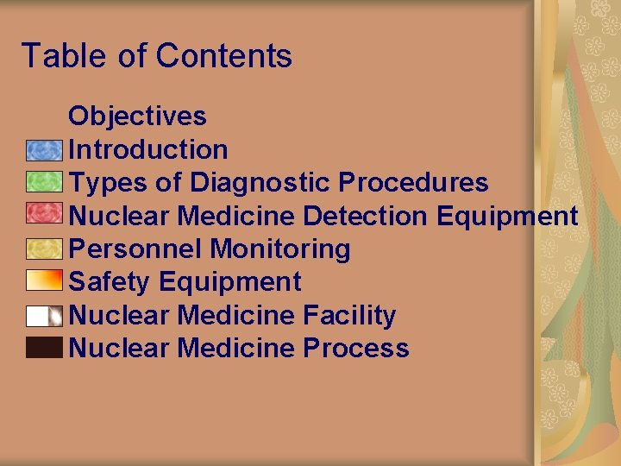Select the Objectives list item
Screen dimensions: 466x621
pyautogui.click(x=137, y=116)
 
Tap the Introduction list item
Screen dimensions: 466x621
pyautogui.click(x=147, y=149)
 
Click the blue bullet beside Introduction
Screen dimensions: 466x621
pyautogui.click(x=44, y=150)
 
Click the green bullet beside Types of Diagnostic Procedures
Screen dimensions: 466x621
pyautogui.click(x=44, y=182)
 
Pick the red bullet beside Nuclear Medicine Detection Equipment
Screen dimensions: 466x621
pyautogui.click(x=44, y=214)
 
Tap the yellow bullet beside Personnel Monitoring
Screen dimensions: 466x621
pyautogui.click(x=44, y=249)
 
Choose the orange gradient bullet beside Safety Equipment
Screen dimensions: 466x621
pyautogui.click(x=44, y=281)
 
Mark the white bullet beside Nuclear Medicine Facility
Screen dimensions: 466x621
pyautogui.click(x=44, y=316)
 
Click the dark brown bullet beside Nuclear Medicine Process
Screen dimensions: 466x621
pyautogui.click(x=44, y=348)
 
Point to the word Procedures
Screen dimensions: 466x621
pyautogui.click(x=413, y=183)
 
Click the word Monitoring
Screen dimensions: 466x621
pyautogui.click(x=280, y=249)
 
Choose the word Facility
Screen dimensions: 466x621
pyautogui.click(x=348, y=315)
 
